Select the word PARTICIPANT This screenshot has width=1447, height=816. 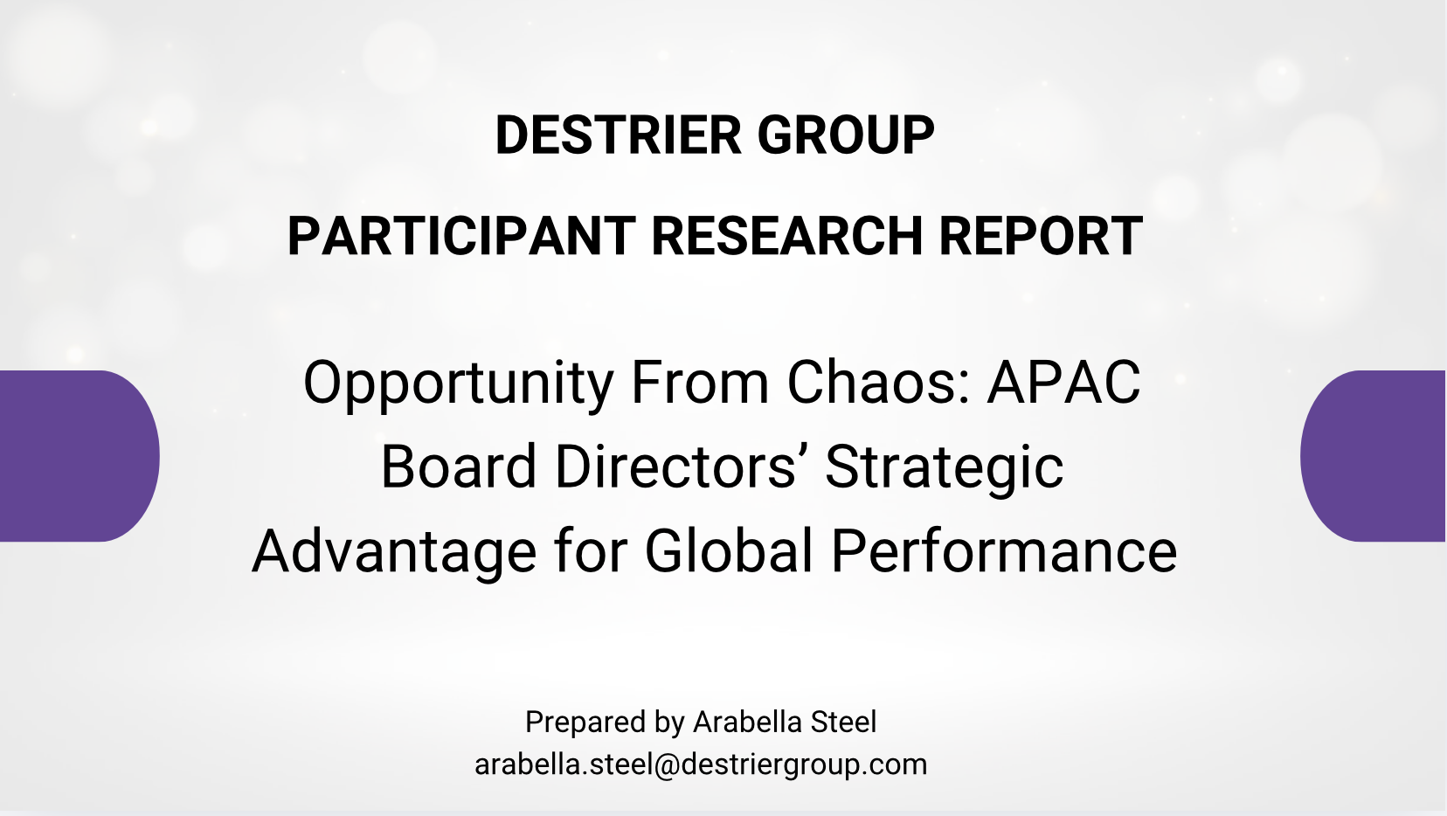pos(460,237)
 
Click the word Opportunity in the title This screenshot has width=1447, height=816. pos(459,384)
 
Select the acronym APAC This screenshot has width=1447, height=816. pos(1063,384)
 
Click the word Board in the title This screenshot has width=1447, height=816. pos(459,467)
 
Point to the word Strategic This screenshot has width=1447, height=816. pos(944,467)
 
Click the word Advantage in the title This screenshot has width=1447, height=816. pos(394,551)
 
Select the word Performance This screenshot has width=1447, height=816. pos(1004,551)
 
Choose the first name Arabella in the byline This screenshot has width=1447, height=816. pos(748,723)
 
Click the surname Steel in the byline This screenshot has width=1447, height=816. pos(843,723)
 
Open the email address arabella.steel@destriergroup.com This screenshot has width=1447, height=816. pos(701,764)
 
